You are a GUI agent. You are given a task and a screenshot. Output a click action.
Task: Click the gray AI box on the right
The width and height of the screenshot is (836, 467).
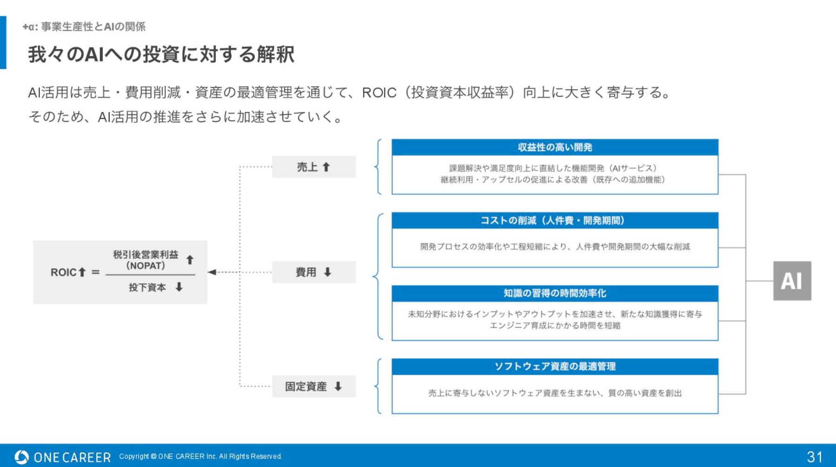(x=792, y=280)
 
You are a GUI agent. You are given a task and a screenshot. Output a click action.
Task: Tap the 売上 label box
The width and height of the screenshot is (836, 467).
(x=314, y=167)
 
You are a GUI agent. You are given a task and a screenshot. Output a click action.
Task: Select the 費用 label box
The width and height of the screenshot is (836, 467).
(x=314, y=272)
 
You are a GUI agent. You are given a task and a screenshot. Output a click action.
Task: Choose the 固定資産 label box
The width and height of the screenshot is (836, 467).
(x=314, y=386)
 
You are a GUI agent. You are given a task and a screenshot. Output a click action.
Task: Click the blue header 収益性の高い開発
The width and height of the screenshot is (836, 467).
(x=555, y=147)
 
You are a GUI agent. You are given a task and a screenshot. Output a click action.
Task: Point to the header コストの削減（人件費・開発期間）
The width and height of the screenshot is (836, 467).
(x=555, y=220)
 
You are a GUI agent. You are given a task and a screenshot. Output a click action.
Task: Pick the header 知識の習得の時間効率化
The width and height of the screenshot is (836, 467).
(x=555, y=293)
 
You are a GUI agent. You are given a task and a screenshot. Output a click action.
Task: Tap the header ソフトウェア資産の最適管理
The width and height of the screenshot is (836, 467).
(x=555, y=367)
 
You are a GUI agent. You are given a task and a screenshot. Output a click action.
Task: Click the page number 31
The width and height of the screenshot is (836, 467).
(x=815, y=457)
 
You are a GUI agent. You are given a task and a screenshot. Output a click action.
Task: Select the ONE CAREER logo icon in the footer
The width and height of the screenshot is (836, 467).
(x=21, y=457)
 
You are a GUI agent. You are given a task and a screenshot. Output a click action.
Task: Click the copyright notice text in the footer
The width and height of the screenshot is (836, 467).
(x=200, y=456)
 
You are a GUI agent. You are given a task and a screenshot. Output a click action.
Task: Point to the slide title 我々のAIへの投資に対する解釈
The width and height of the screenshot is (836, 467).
(x=161, y=54)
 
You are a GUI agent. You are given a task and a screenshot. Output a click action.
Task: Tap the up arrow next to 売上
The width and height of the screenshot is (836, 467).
(x=326, y=167)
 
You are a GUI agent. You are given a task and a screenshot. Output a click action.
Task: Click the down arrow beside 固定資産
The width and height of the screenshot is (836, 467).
(x=338, y=386)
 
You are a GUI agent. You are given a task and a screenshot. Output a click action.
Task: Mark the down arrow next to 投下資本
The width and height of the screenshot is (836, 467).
(x=179, y=287)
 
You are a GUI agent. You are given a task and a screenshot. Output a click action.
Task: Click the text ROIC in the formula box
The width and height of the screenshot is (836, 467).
(x=63, y=272)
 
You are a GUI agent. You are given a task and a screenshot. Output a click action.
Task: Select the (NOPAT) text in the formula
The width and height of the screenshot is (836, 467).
(x=146, y=266)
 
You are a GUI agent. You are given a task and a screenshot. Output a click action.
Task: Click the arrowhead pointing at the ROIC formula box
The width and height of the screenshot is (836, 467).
(x=212, y=272)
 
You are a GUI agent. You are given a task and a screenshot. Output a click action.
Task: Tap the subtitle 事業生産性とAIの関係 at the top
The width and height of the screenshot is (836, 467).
(x=93, y=27)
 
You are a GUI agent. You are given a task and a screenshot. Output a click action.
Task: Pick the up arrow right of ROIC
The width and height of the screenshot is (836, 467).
(x=82, y=272)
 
